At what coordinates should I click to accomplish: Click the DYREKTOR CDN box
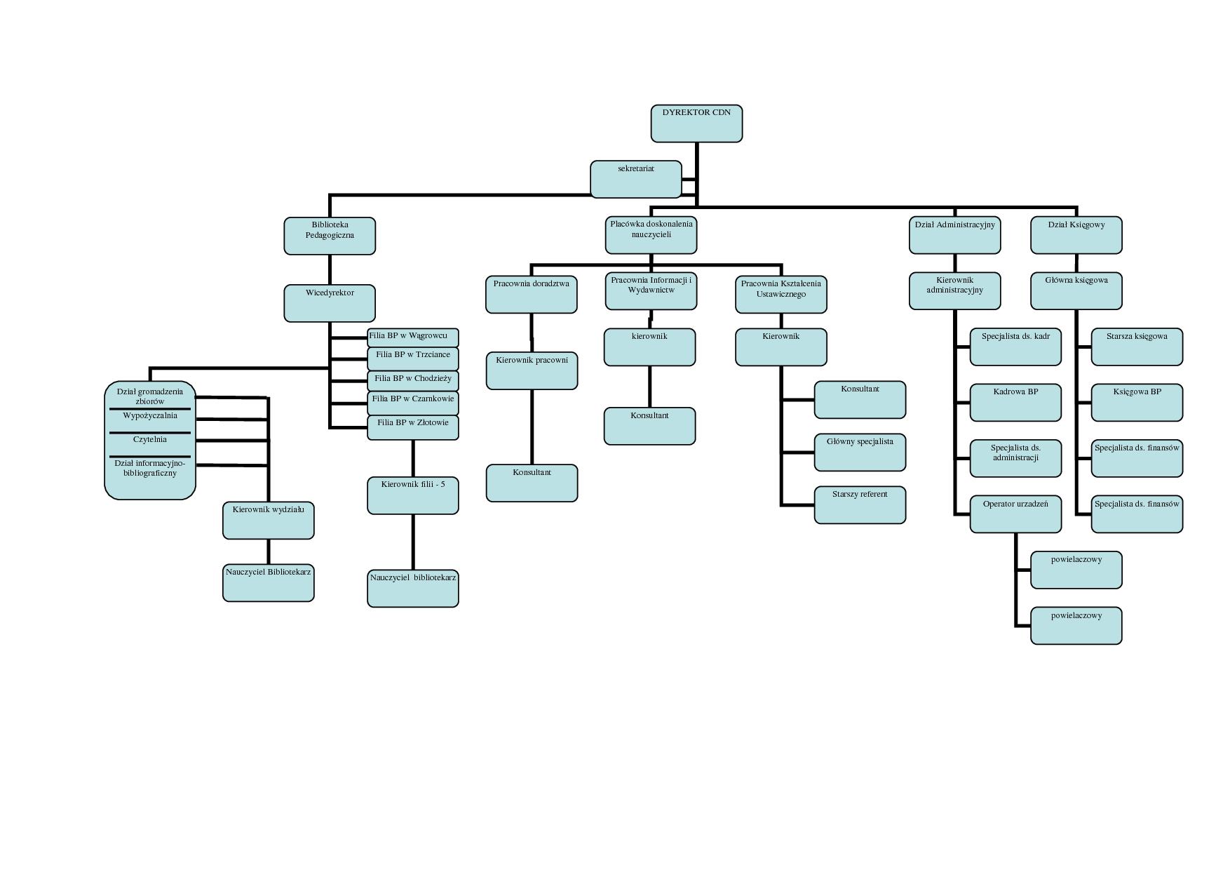696,123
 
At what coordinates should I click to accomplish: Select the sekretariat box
635,179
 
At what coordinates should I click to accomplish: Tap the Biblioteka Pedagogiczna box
330,236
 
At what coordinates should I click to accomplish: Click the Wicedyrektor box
330,303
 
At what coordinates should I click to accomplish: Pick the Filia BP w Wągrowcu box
412,337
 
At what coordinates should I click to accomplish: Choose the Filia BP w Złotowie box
412,427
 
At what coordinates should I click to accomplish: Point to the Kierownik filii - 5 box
412,495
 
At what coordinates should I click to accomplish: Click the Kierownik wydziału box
268,520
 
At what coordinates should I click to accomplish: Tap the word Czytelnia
150,440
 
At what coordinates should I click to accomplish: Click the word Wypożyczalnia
150,416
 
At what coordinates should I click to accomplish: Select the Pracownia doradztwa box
531,294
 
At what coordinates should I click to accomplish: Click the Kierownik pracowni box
532,370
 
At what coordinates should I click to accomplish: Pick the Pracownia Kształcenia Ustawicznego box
780,294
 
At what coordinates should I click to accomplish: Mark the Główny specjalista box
860,452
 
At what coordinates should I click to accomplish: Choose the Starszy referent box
860,504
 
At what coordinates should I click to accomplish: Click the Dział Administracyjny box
954,235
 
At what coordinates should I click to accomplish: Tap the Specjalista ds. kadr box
1015,347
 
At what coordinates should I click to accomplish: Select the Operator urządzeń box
1015,514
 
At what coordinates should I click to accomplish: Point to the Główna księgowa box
1076,290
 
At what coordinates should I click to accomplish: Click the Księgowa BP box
1137,402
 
